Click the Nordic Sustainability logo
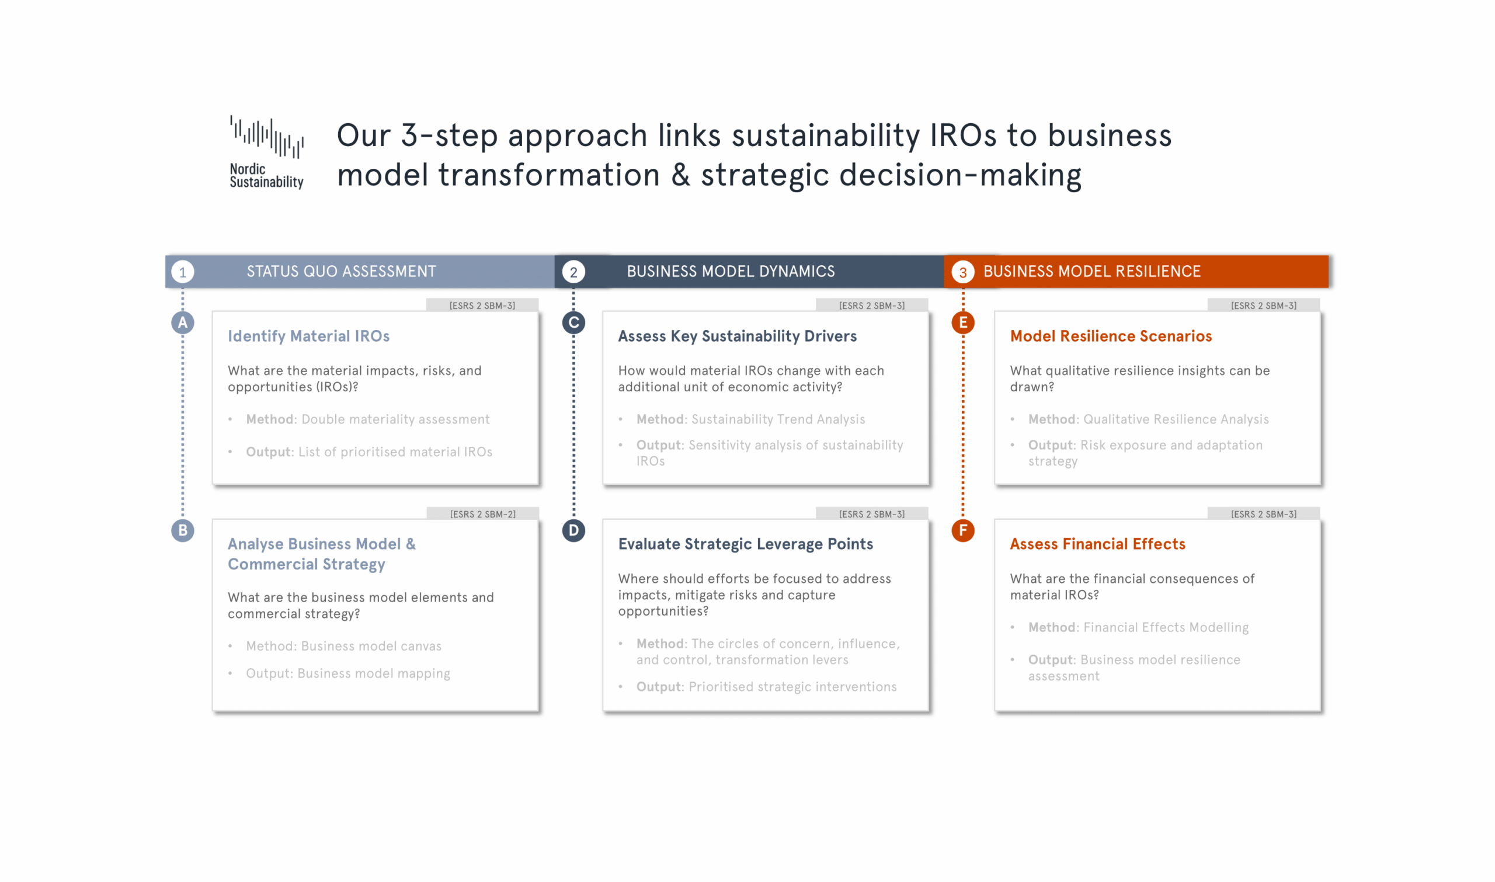tap(266, 152)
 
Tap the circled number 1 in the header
tap(182, 272)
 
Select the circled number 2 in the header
tap(573, 272)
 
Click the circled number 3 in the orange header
tap(962, 272)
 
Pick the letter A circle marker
tap(182, 323)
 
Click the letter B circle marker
tap(182, 530)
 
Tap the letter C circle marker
tap(573, 323)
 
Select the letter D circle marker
tap(573, 530)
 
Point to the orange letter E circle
tap(962, 323)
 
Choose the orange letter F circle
tap(962, 530)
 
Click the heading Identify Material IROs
tap(308, 336)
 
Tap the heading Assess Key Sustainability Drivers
tap(737, 336)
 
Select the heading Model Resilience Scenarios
tap(1111, 336)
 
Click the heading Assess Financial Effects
tap(1097, 544)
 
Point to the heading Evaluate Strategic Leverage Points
tap(745, 544)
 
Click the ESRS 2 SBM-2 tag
tap(482, 514)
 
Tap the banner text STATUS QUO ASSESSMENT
tap(341, 272)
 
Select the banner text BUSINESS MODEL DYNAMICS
tap(730, 272)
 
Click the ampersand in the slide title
tap(680, 175)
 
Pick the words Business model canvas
tap(371, 646)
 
